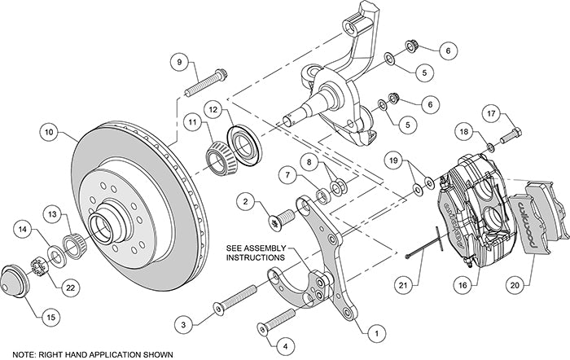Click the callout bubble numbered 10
click(x=49, y=130)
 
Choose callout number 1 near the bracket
click(x=375, y=332)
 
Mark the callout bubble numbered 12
click(x=212, y=108)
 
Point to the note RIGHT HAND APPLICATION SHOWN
click(x=88, y=354)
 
